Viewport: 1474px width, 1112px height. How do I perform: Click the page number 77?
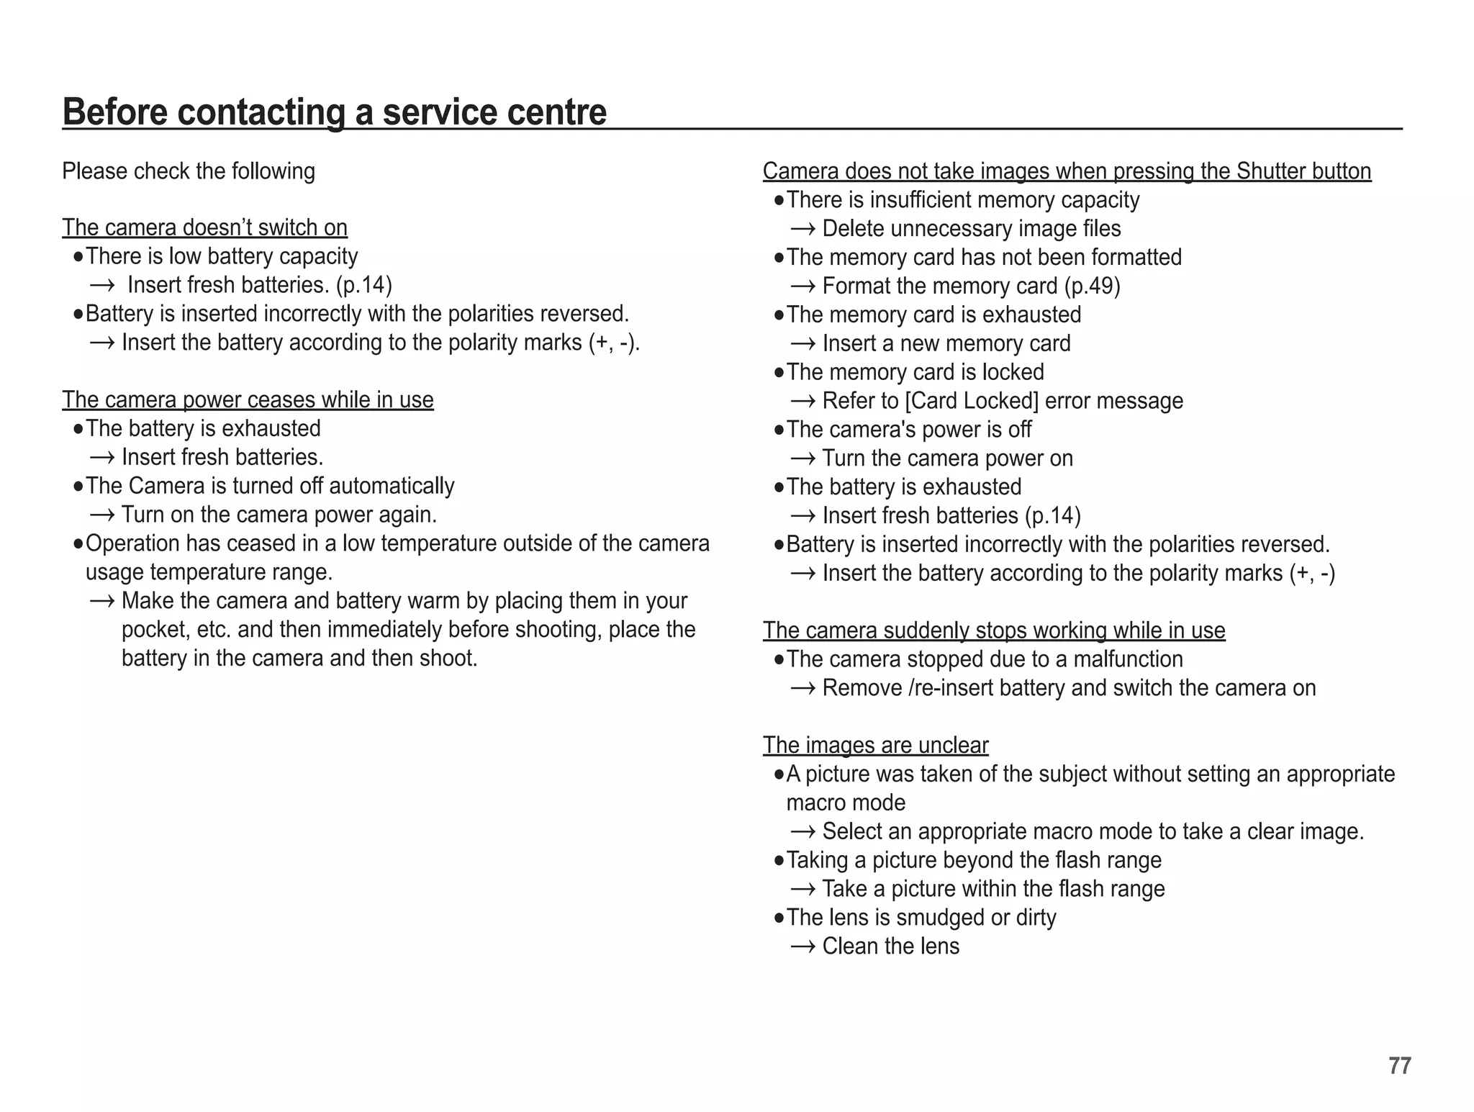pos(1399,1065)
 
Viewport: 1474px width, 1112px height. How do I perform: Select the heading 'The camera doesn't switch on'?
pos(204,227)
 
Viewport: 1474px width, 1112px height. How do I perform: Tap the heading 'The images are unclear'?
pos(875,745)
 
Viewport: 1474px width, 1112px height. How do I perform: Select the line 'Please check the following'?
pos(189,171)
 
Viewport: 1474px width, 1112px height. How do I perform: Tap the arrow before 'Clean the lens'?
pos(802,946)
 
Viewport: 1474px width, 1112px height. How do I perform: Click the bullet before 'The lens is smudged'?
pos(778,918)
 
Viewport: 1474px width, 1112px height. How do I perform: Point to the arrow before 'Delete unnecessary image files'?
pos(802,229)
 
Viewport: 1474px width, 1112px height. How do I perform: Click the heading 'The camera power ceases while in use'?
pos(248,399)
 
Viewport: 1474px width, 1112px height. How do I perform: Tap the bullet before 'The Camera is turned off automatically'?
pos(78,487)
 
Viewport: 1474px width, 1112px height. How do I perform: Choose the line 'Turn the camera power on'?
pos(947,458)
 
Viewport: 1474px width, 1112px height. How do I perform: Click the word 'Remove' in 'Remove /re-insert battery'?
pos(862,688)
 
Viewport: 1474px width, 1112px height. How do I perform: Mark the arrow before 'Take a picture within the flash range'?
pos(802,889)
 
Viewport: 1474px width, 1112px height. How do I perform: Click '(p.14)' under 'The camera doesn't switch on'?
pos(363,285)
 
